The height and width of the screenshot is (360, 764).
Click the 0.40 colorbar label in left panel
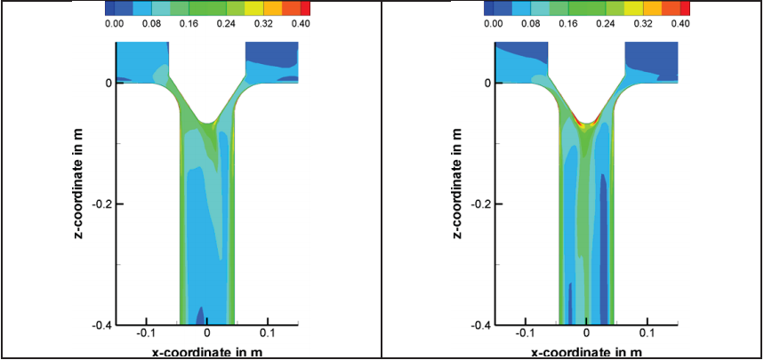[x=300, y=25]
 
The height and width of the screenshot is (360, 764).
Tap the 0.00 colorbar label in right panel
[x=494, y=25]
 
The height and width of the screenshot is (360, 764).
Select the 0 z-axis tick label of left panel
[x=108, y=84]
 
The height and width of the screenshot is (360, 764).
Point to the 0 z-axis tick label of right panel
[x=487, y=84]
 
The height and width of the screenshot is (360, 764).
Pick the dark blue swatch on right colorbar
[x=491, y=8]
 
